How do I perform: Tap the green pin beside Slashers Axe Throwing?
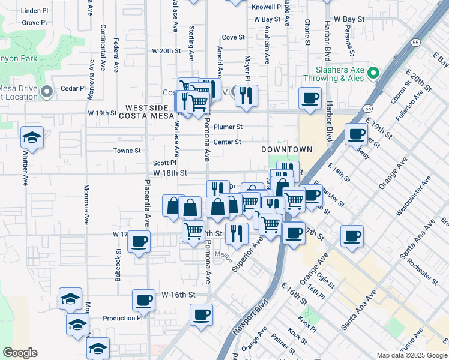(373, 73)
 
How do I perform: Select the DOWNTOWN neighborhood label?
(287, 149)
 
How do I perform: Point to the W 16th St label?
(179, 295)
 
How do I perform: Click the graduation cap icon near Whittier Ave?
(32, 137)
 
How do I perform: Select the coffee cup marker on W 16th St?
(144, 300)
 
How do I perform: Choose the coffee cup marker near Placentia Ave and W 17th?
(139, 242)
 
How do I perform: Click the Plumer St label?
(228, 127)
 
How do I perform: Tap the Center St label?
(228, 142)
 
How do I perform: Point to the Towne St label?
(127, 151)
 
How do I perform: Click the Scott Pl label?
(164, 163)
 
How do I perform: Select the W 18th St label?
(170, 173)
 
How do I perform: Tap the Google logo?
(20, 353)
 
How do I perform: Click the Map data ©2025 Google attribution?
(411, 355)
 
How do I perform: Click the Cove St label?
(233, 37)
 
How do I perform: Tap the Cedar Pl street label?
(74, 88)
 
